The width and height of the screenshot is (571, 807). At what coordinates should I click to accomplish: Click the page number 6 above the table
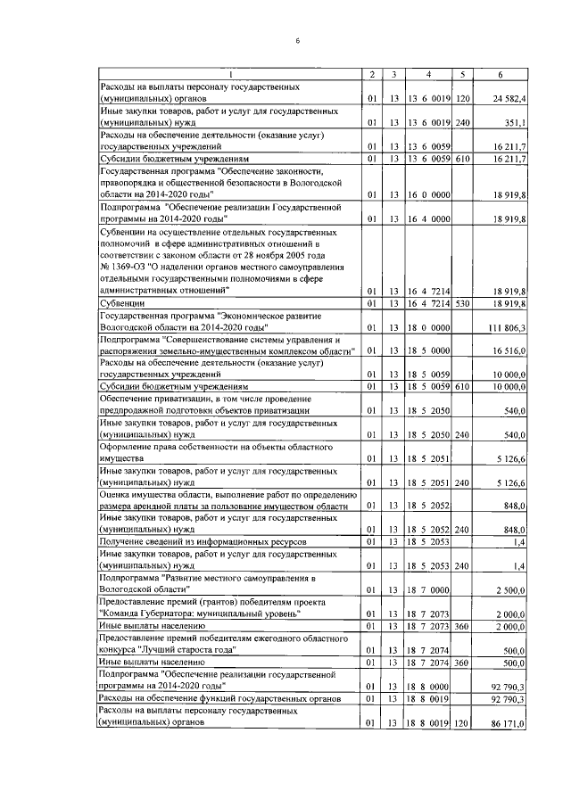click(x=298, y=40)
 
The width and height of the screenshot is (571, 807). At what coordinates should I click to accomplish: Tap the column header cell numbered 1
click(x=229, y=73)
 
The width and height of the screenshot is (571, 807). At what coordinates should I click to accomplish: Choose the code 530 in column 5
click(x=462, y=304)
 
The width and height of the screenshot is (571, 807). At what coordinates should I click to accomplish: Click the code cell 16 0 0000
click(x=428, y=191)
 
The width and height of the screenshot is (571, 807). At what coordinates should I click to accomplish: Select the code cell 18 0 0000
click(x=428, y=328)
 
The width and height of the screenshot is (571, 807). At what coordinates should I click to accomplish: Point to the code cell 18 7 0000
click(x=428, y=590)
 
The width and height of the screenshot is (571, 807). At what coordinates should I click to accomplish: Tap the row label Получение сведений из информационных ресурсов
click(x=203, y=541)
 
